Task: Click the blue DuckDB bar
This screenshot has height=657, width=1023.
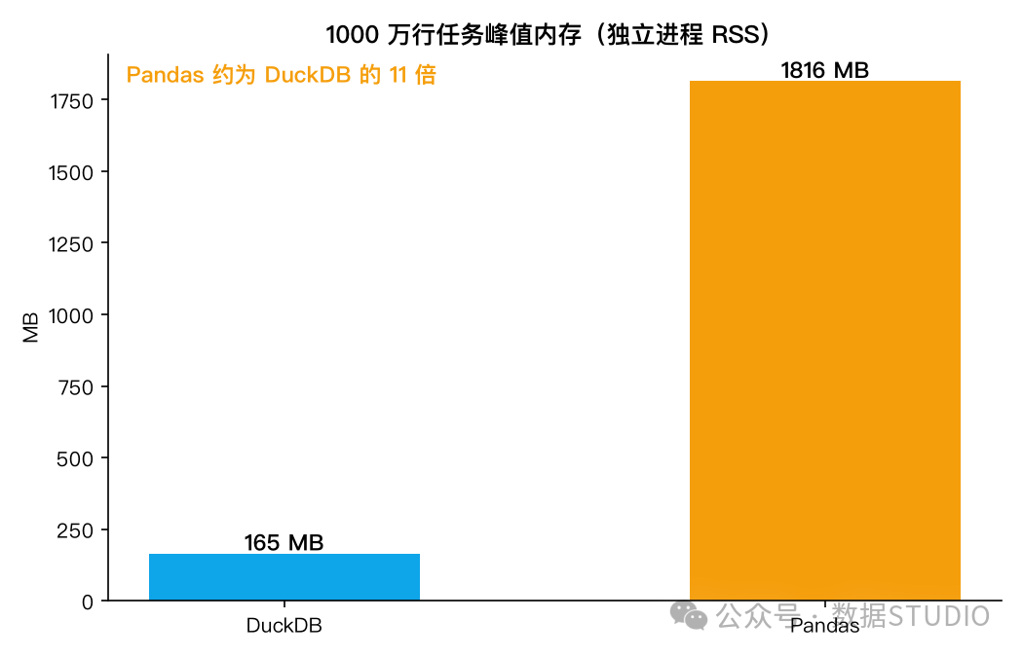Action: click(284, 577)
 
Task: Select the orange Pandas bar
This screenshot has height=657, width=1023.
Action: click(824, 341)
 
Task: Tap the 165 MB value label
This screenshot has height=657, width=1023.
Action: click(284, 542)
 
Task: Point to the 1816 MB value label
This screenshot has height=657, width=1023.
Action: click(824, 70)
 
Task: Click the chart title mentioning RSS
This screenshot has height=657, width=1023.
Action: click(548, 34)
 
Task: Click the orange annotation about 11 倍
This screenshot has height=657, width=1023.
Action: click(282, 75)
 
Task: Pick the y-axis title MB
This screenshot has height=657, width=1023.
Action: click(30, 327)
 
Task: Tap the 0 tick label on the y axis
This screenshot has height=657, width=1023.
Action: click(88, 602)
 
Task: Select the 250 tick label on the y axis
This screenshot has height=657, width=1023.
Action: click(75, 530)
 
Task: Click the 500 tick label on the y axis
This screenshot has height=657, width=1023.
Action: click(75, 458)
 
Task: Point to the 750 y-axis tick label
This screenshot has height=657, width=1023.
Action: click(76, 387)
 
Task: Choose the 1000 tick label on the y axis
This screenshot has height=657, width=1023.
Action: click(71, 315)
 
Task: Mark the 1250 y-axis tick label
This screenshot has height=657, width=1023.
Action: click(71, 243)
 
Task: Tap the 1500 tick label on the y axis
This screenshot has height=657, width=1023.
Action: click(71, 172)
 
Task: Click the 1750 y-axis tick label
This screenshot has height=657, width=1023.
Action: click(71, 101)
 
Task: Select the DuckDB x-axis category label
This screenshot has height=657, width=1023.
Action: click(284, 626)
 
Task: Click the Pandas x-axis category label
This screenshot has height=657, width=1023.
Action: click(824, 626)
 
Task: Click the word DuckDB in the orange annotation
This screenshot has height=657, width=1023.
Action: click(308, 75)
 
